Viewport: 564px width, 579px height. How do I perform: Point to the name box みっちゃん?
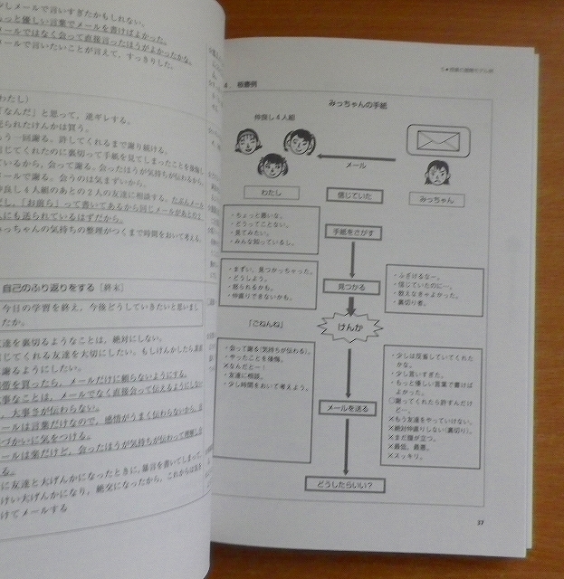pos(436,198)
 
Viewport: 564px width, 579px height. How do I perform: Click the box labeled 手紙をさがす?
pos(348,232)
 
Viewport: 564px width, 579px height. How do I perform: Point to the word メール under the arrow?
pos(356,167)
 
